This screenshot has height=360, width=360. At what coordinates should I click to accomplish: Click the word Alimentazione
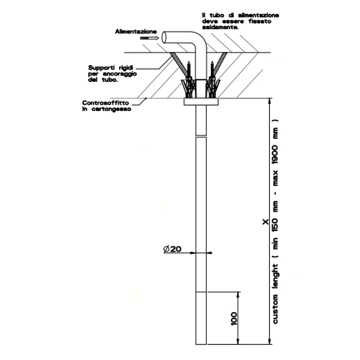pos(135,31)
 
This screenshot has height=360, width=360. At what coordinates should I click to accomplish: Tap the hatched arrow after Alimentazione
pos(149,38)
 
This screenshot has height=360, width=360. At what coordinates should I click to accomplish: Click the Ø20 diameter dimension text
pos(172,249)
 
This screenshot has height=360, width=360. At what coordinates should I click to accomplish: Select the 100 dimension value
pos(234,318)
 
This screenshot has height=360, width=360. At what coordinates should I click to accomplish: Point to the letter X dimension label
pos(265,222)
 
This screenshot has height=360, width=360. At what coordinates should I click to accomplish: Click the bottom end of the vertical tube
pos(201,343)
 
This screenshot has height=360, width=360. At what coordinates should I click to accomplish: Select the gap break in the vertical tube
pos(201,136)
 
